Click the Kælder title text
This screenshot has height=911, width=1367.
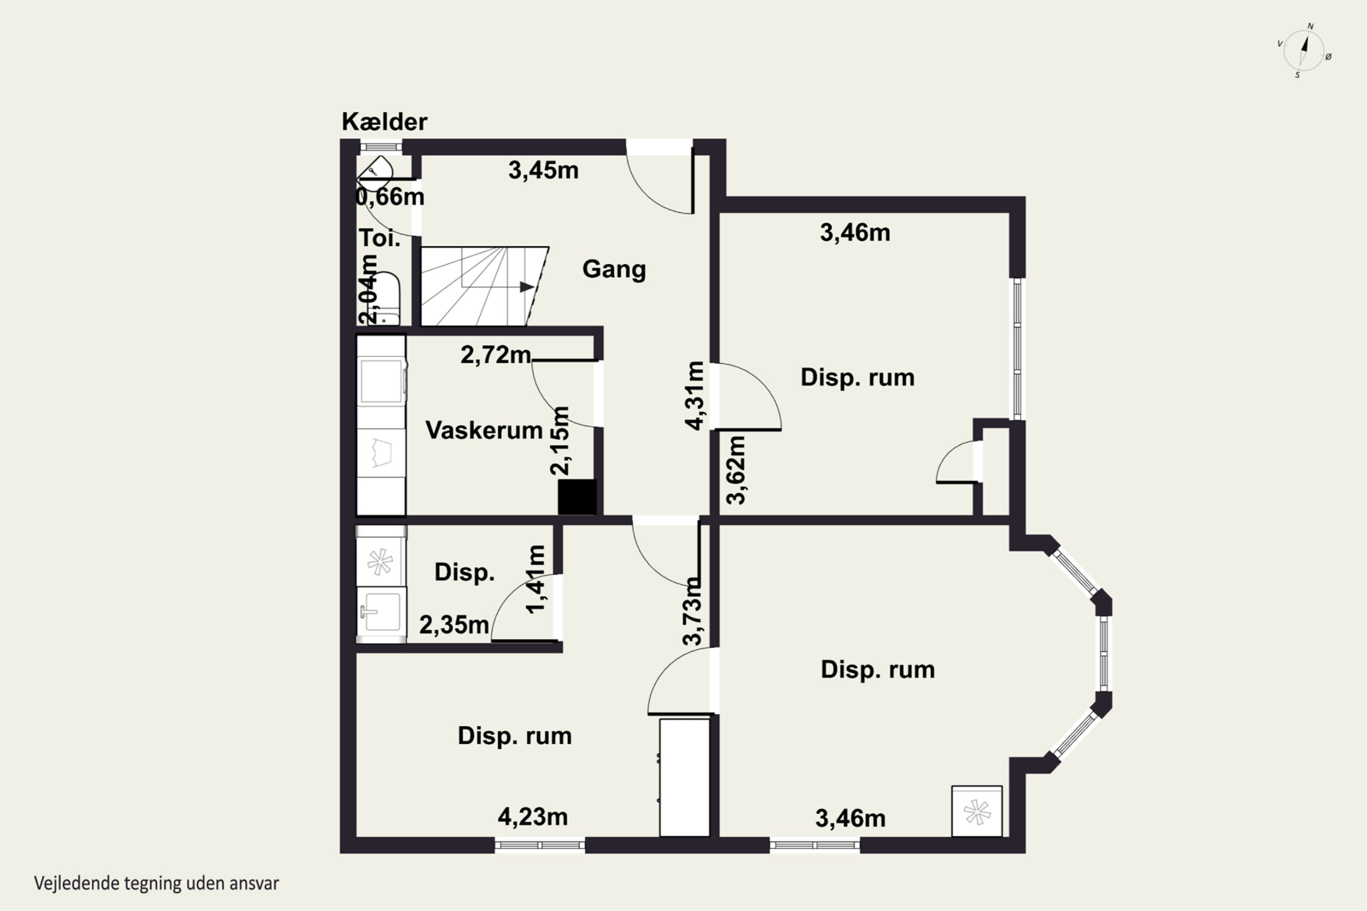pyautogui.click(x=384, y=122)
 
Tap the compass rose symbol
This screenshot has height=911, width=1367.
pyautogui.click(x=1304, y=51)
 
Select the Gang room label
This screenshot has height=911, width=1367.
pyautogui.click(x=614, y=270)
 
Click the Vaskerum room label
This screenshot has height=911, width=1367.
pyautogui.click(x=484, y=430)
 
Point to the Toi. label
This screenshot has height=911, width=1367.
pyautogui.click(x=380, y=238)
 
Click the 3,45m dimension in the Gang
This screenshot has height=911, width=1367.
pyautogui.click(x=544, y=170)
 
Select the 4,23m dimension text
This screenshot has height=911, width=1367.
pyautogui.click(x=532, y=817)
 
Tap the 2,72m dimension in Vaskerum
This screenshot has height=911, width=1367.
pyautogui.click(x=496, y=354)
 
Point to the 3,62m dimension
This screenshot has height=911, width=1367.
pyautogui.click(x=736, y=470)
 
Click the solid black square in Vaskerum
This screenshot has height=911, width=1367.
pyautogui.click(x=577, y=497)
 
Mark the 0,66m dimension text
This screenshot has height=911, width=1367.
pyautogui.click(x=390, y=197)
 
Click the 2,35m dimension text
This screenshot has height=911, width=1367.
pyautogui.click(x=454, y=625)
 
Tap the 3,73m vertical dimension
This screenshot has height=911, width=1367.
pyautogui.click(x=692, y=611)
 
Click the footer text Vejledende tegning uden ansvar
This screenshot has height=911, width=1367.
pyautogui.click(x=156, y=884)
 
